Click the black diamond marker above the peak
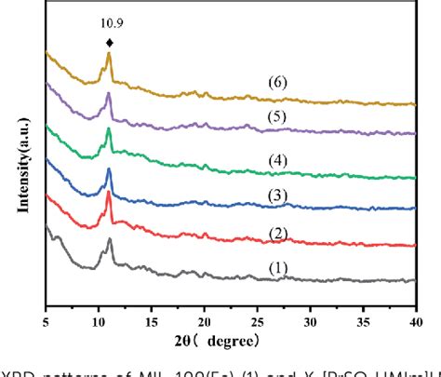(110, 43)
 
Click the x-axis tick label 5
(46, 311)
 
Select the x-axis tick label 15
(151, 311)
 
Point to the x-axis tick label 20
(204, 311)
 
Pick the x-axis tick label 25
(257, 311)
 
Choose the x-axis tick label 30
(309, 311)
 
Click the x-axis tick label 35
(362, 311)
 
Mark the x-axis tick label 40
(414, 311)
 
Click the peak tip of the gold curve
(110, 54)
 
